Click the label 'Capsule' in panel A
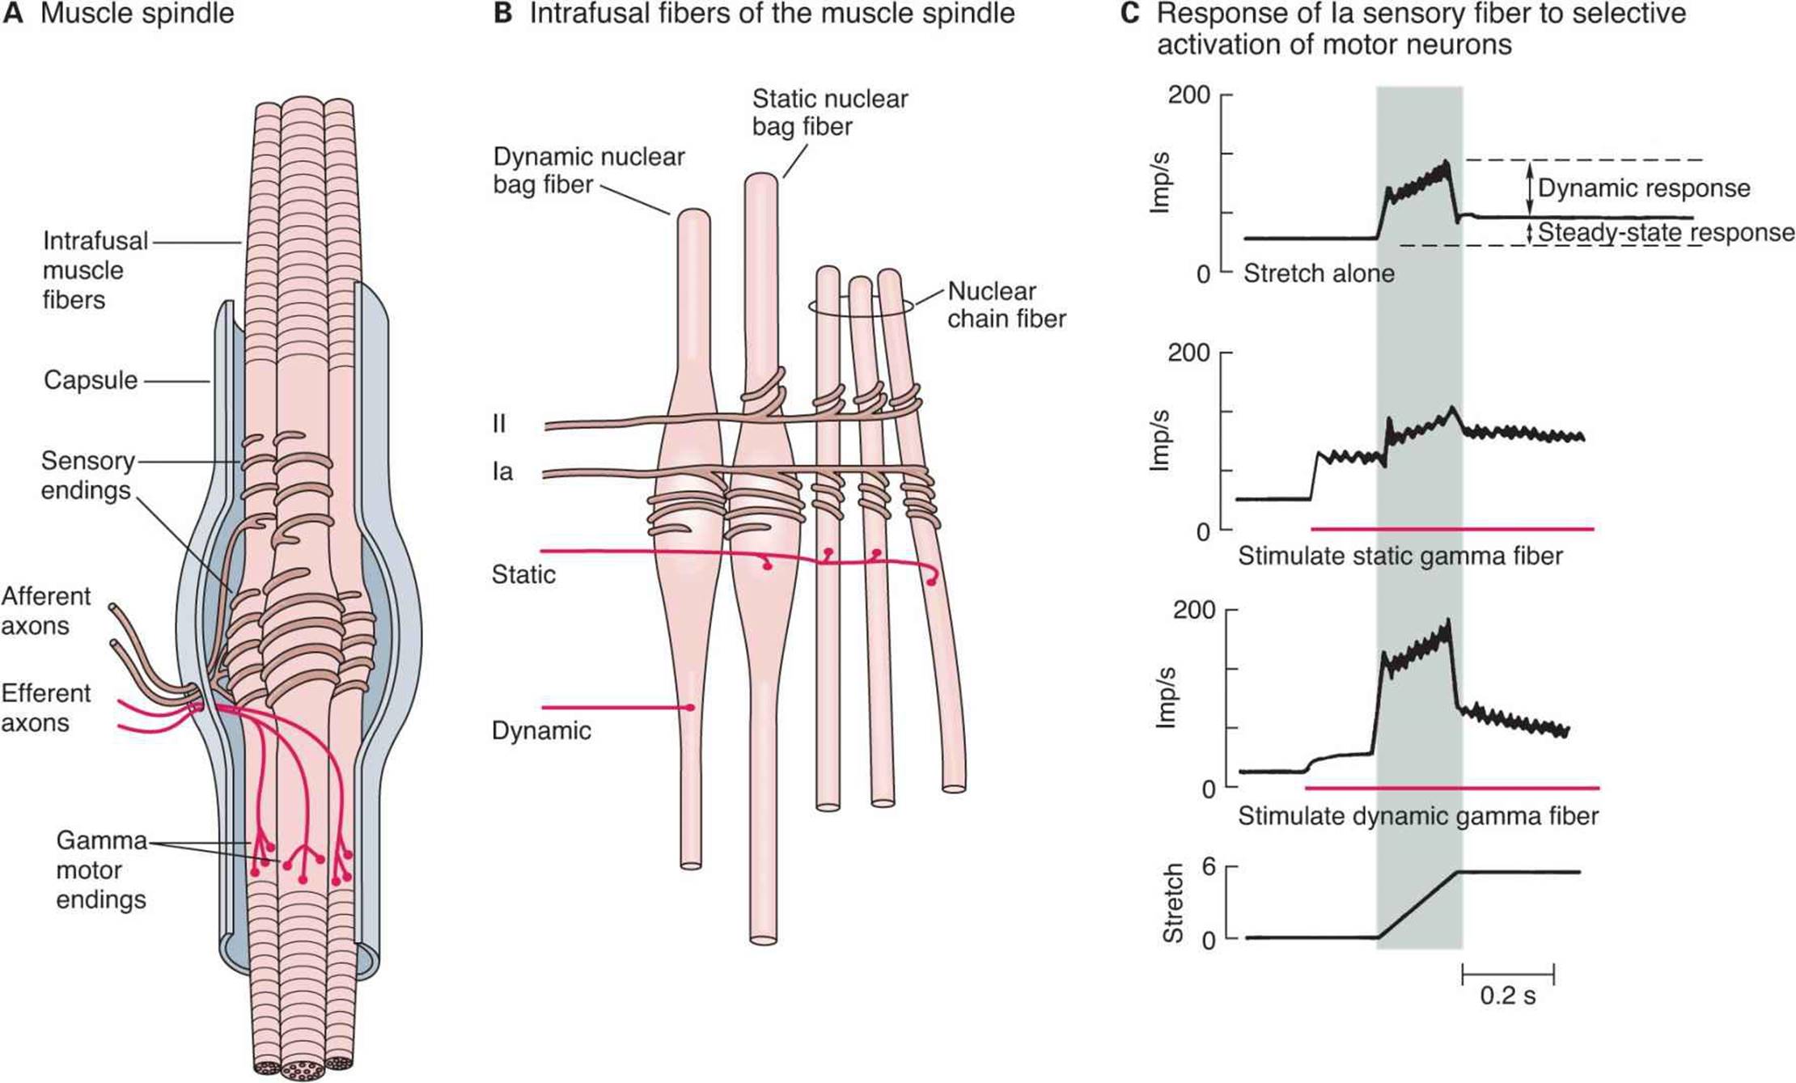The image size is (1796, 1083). (91, 380)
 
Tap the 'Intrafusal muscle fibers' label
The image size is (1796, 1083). (94, 270)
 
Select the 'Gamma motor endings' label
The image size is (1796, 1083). (101, 870)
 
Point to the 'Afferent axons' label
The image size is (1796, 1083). (45, 611)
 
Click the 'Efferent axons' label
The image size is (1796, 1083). (45, 708)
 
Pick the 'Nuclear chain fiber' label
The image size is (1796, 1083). (1006, 305)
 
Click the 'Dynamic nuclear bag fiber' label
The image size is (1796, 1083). (588, 171)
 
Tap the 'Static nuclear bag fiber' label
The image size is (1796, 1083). (829, 112)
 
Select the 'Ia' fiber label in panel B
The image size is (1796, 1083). (502, 472)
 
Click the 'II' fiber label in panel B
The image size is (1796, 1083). (499, 424)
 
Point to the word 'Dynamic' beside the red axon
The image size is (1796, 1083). (540, 731)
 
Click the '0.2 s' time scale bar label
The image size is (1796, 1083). (1507, 996)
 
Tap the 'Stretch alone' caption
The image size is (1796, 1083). (1319, 273)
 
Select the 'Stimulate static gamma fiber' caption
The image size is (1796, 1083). (1400, 556)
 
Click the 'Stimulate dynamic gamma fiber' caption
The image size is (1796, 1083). (1417, 816)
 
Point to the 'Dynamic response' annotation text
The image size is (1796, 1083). (1643, 188)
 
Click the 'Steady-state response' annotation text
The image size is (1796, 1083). (1666, 233)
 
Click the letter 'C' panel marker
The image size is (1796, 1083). (1129, 14)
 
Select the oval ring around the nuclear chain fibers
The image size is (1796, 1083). (862, 306)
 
